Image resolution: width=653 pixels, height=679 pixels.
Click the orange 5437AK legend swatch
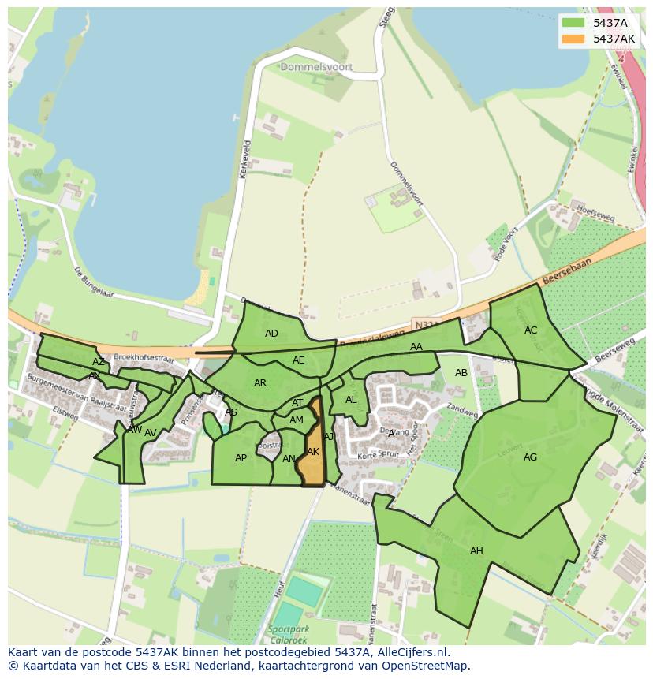click(x=573, y=39)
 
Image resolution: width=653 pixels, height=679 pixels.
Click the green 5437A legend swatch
click(x=573, y=23)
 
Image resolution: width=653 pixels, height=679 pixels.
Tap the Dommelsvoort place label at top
click(x=316, y=68)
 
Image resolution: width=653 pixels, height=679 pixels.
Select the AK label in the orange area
click(x=313, y=452)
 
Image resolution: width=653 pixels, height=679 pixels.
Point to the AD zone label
click(x=271, y=334)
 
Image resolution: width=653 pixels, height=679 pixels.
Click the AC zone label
click(x=531, y=330)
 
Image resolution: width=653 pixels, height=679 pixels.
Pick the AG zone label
click(x=530, y=457)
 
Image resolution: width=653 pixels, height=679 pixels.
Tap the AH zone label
click(x=476, y=551)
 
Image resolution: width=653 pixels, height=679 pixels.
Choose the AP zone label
click(x=241, y=458)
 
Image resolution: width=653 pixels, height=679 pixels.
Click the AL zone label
click(x=351, y=400)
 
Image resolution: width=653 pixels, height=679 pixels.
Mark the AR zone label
click(x=260, y=383)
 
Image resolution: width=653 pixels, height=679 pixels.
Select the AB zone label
click(x=461, y=373)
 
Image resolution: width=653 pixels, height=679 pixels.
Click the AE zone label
click(x=298, y=360)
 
